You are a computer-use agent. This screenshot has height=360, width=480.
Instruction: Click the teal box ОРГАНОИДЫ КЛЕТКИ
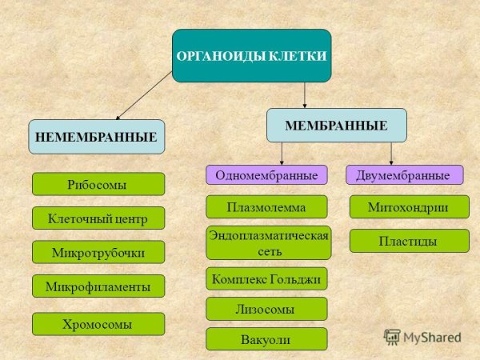(252, 56)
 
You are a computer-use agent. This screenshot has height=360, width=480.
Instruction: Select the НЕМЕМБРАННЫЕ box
(97, 137)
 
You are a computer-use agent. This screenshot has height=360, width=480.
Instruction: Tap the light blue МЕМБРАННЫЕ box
(337, 126)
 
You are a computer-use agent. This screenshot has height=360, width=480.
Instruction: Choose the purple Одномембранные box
(267, 174)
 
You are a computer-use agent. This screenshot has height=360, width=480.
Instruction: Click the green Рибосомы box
(98, 184)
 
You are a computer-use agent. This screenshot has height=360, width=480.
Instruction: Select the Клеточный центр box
(98, 218)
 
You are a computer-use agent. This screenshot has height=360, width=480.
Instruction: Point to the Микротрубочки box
(98, 252)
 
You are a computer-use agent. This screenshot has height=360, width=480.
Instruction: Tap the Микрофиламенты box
(98, 286)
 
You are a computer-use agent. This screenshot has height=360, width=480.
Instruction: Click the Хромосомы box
(98, 323)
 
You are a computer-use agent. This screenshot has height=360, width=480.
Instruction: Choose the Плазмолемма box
(267, 206)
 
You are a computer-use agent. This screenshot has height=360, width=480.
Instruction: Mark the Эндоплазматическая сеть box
(269, 242)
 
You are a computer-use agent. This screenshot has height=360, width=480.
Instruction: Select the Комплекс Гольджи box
(267, 278)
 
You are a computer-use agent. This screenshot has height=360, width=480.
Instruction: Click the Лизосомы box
(267, 309)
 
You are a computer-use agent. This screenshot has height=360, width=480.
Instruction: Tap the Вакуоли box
(267, 338)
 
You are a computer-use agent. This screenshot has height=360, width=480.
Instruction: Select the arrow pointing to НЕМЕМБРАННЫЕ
(144, 95)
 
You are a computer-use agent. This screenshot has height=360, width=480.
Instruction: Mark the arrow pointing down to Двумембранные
(391, 154)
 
